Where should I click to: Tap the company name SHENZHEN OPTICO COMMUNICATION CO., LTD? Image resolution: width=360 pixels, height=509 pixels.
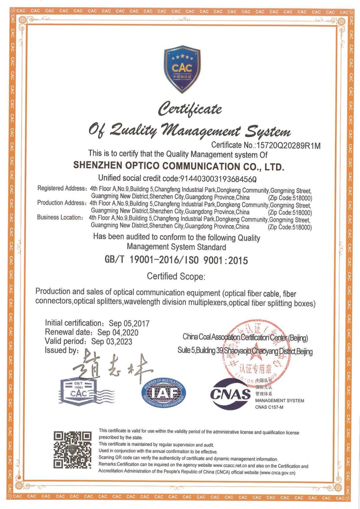click(178, 166)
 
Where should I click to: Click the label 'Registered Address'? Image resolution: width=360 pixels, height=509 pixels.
click(61, 188)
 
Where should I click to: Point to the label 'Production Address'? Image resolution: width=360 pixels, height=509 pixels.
click(61, 203)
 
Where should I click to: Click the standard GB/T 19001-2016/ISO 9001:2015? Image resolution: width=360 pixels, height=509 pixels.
click(176, 260)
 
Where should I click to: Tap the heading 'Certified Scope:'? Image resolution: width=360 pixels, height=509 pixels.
click(176, 277)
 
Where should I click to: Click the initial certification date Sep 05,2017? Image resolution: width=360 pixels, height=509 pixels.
click(129, 323)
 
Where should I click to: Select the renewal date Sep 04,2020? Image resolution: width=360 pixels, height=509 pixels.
click(118, 332)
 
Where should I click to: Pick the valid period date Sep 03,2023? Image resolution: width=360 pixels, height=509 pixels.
click(112, 342)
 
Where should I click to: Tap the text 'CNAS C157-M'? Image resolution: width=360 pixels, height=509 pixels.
click(269, 407)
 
